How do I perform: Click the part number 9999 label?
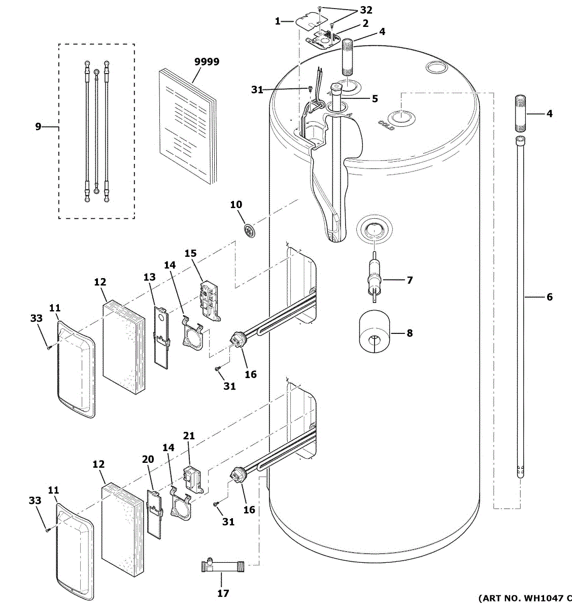[x=207, y=62]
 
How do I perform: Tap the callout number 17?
[x=223, y=593]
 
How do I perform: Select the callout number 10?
[x=236, y=205]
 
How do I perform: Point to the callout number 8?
[x=409, y=333]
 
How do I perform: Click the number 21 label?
[x=189, y=436]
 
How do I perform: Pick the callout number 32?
[x=366, y=10]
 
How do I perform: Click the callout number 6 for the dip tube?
[x=549, y=297]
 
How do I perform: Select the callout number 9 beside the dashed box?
[x=38, y=126]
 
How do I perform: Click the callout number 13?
[x=149, y=277]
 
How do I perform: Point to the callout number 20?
[x=148, y=459]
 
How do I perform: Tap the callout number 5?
[x=375, y=99]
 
